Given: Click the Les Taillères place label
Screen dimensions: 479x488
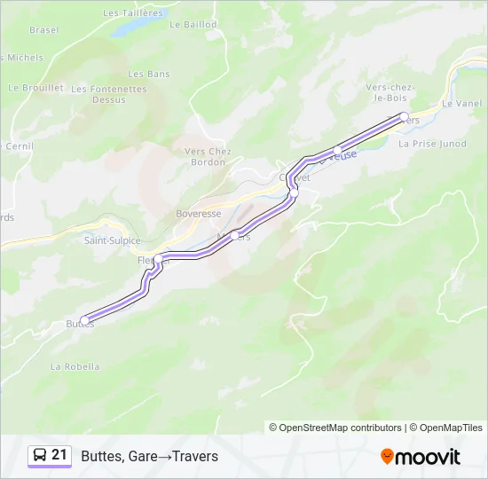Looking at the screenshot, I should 134,13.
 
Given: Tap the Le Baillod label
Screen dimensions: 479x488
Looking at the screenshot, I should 193,25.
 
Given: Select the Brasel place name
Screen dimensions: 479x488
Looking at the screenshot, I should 43,29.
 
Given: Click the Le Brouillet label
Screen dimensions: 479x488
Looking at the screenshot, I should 35,88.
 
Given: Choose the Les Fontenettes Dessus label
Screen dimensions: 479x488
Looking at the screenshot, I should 109,94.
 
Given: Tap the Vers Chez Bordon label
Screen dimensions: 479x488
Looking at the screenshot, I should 208,157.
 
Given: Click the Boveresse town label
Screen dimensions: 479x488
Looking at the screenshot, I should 198,214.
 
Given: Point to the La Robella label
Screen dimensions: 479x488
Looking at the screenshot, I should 75,366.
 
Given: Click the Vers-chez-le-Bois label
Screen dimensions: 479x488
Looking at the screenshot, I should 391,92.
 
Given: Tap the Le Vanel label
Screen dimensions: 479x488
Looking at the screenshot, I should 460,103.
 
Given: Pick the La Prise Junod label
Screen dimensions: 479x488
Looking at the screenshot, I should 433,143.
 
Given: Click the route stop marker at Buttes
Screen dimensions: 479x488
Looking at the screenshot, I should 84,320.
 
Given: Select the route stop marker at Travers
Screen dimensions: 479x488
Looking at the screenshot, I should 404,117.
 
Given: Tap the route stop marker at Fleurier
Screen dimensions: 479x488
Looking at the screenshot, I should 158,259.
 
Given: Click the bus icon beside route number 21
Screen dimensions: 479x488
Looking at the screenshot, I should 40,456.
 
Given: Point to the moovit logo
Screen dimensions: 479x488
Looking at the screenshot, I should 421,457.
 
